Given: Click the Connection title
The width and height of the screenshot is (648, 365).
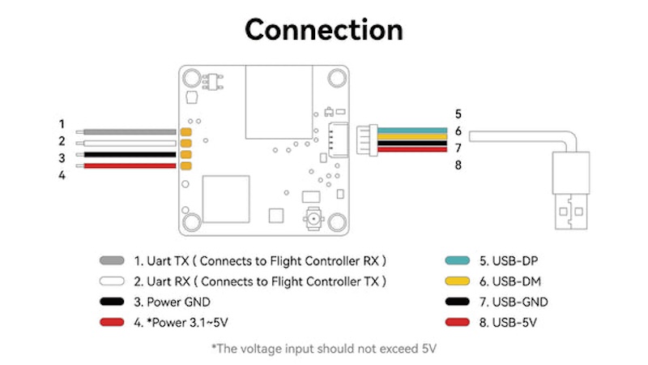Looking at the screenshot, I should coord(324,30).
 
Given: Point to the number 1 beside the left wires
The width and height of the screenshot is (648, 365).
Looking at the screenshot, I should coord(62,124).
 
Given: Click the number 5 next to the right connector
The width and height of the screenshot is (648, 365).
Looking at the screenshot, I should coord(458,114).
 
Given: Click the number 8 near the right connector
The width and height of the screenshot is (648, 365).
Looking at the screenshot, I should coord(458,165).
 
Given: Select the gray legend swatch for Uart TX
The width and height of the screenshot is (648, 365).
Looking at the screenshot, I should coord(112,261).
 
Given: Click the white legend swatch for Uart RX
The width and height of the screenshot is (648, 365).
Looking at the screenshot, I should coord(112,281).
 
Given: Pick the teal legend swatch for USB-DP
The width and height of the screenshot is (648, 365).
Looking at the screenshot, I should coord(460,261).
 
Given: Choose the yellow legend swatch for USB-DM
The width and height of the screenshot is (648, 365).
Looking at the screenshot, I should coord(460,281).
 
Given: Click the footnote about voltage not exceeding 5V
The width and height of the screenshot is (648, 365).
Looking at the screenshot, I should coord(324,349).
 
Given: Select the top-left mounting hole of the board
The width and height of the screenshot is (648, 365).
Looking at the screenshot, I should coord(192,79).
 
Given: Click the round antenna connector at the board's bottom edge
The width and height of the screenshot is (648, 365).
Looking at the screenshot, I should coord(310,218).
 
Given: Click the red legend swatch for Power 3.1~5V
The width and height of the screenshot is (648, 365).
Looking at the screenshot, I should coord(112,323).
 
